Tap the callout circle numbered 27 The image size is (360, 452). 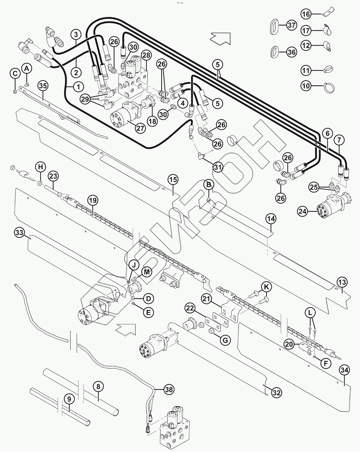pyautogui.click(x=140, y=128)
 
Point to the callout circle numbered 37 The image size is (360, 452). pyautogui.click(x=291, y=25)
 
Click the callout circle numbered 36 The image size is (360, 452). pyautogui.click(x=291, y=53)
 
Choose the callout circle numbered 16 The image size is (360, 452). pyautogui.click(x=306, y=14)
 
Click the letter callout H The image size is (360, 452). pyautogui.click(x=41, y=167)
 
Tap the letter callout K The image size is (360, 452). pyautogui.click(x=267, y=287)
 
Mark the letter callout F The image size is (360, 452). pyautogui.click(x=326, y=364)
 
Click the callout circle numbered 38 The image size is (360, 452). pyautogui.click(x=169, y=390)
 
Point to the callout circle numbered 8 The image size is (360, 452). pyautogui.click(x=98, y=386)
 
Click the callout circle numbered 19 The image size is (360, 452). pyautogui.click(x=93, y=201)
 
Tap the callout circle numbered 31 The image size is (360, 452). pyautogui.click(x=218, y=167)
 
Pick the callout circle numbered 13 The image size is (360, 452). pyautogui.click(x=342, y=282)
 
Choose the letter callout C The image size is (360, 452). pyautogui.click(x=15, y=73)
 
